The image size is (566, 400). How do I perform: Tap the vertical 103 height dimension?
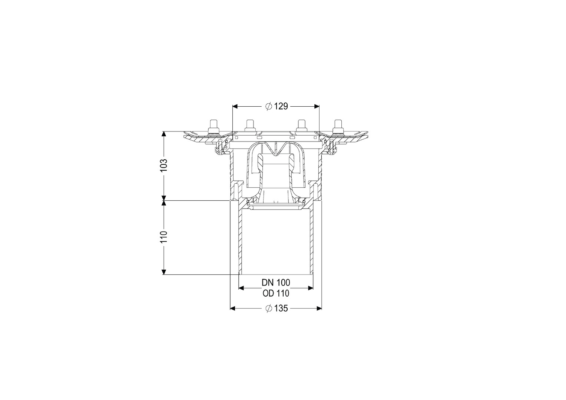(x=164, y=165)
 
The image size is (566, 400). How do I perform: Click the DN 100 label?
(x=276, y=282)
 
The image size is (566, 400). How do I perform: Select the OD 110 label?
(x=276, y=293)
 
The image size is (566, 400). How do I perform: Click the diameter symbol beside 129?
(x=269, y=106)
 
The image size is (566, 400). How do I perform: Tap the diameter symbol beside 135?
(x=269, y=308)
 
